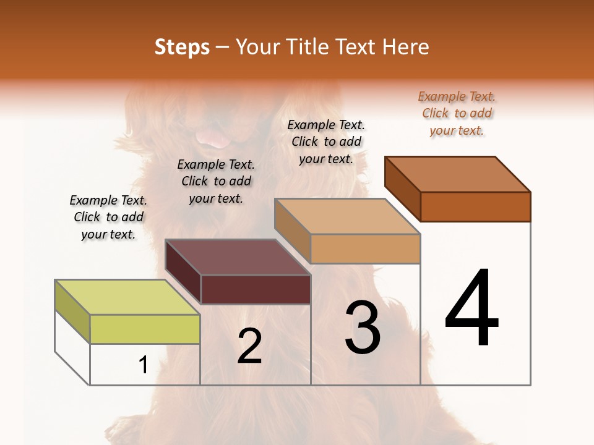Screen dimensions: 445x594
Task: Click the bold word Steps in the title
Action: [182, 47]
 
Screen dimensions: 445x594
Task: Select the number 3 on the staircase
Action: [362, 327]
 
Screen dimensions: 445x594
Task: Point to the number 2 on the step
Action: [249, 345]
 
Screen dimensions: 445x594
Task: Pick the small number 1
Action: [143, 365]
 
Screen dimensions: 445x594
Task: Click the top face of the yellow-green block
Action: [127, 297]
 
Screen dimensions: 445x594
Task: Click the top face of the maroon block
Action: [238, 257]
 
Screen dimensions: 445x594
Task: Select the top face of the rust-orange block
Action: [458, 174]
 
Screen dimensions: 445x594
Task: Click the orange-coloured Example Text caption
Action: [457, 113]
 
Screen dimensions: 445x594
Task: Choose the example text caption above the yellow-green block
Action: [108, 217]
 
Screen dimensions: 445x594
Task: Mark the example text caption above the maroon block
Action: [216, 181]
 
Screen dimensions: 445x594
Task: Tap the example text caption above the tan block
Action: [326, 142]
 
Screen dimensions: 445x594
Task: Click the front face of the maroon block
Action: [256, 289]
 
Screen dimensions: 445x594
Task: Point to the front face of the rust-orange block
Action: [475, 206]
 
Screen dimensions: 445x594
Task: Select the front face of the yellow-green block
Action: [145, 329]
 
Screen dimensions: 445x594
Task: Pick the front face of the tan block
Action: [365, 248]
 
